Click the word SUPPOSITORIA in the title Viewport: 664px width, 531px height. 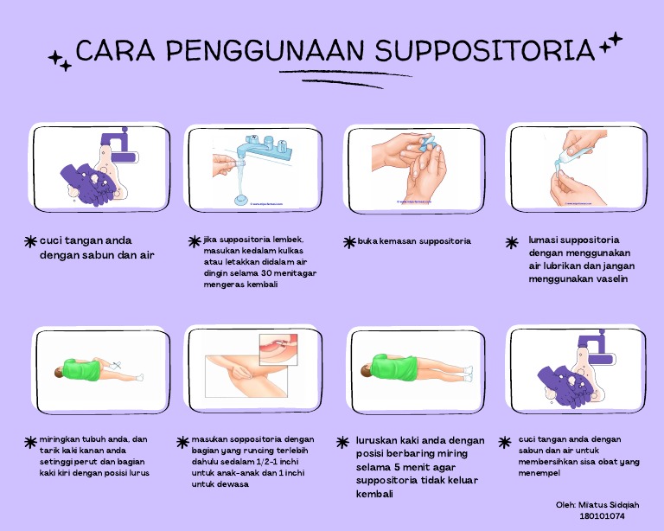tap(485, 50)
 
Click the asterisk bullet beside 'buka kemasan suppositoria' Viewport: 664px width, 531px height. tap(348, 242)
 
